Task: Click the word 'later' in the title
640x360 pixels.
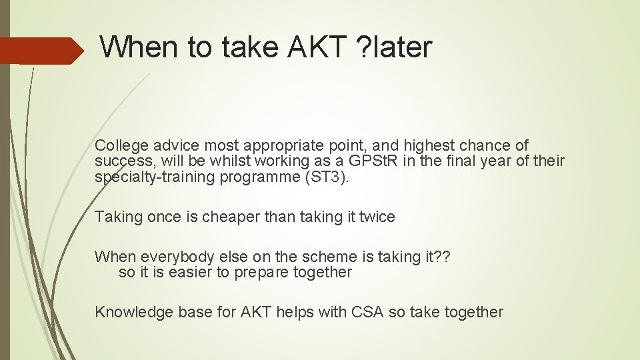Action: (x=404, y=47)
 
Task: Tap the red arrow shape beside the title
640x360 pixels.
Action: (x=40, y=51)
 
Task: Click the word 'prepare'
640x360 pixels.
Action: (x=258, y=273)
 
